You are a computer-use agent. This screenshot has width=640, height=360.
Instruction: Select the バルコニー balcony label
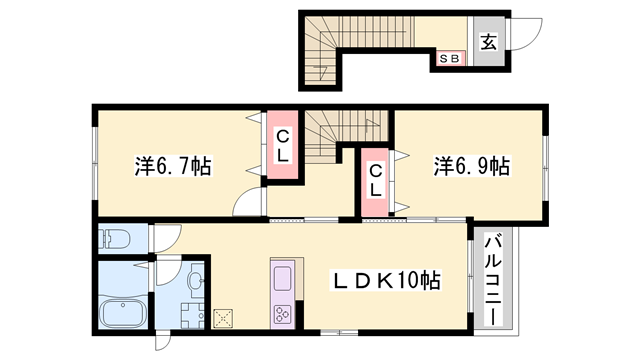click(493, 278)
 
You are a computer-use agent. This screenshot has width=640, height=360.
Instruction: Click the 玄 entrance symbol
click(489, 42)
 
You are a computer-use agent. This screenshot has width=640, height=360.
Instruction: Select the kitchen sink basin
click(281, 277)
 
